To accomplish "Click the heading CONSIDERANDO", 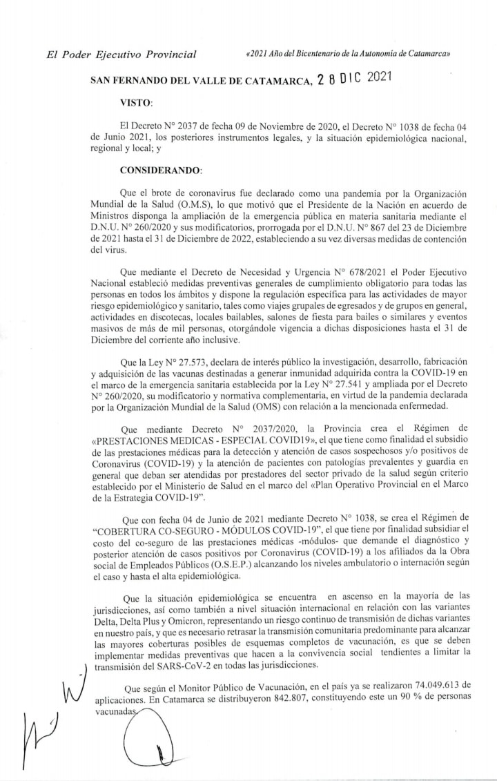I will coord(161,169).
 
